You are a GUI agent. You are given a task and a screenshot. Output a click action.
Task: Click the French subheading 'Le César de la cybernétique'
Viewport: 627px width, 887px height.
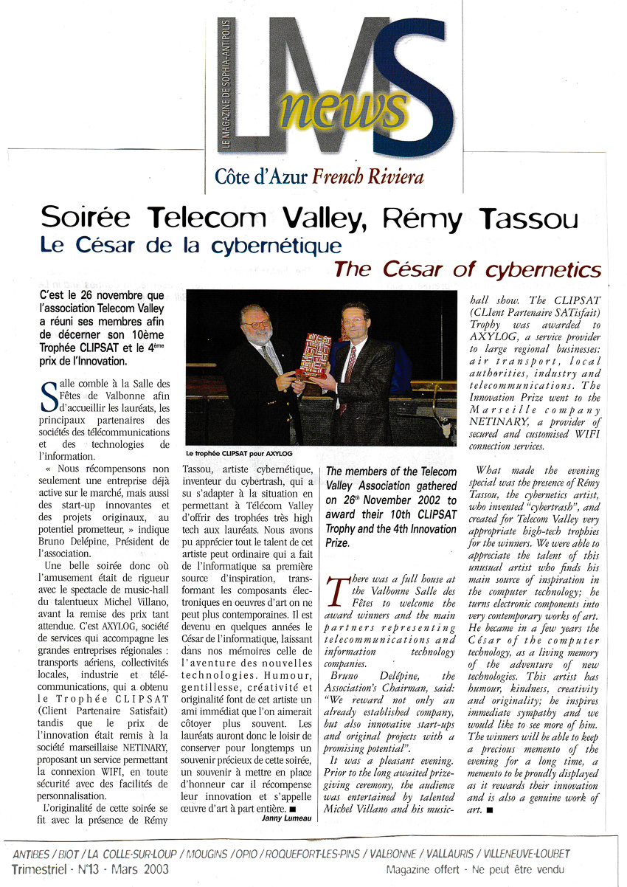coord(190,246)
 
